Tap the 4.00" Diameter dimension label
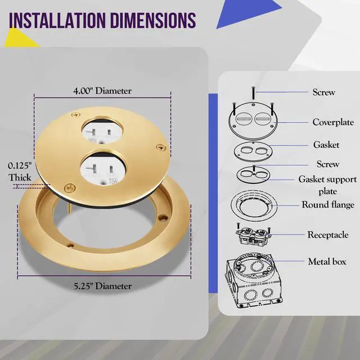102,91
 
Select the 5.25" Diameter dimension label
102,286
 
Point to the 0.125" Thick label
20,172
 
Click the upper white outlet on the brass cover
102,131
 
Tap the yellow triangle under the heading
21,38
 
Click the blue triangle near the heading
249,13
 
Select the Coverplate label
333,122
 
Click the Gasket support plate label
327,185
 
